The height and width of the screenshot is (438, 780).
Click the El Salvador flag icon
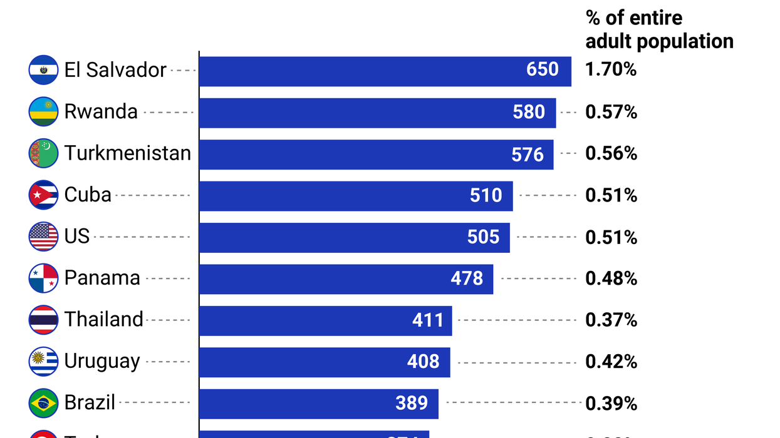click(43, 70)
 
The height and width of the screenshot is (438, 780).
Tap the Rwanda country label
click(101, 111)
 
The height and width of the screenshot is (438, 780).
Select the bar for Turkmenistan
click(376, 154)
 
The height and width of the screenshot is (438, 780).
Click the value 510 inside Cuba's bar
click(486, 195)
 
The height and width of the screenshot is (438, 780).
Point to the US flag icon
click(43, 237)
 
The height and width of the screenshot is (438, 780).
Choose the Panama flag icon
click(43, 278)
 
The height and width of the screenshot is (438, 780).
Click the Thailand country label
click(104, 320)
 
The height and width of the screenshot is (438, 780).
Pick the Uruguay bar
click(325, 362)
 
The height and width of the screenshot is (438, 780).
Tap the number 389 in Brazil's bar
click(412, 403)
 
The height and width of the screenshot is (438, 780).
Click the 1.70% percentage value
click(611, 69)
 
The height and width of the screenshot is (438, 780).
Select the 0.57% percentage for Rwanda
click(611, 112)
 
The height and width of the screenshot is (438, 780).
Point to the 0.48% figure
click(611, 278)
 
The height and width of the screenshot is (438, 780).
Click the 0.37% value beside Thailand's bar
click(611, 320)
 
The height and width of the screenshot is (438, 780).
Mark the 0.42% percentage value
click(611, 362)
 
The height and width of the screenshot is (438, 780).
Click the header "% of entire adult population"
click(659, 29)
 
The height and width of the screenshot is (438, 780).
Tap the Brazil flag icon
click(43, 403)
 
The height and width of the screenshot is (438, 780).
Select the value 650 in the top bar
click(543, 69)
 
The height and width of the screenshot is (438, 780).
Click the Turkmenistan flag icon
click(43, 153)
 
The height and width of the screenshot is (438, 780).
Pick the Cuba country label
click(88, 195)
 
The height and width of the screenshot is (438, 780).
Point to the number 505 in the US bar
click(484, 237)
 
